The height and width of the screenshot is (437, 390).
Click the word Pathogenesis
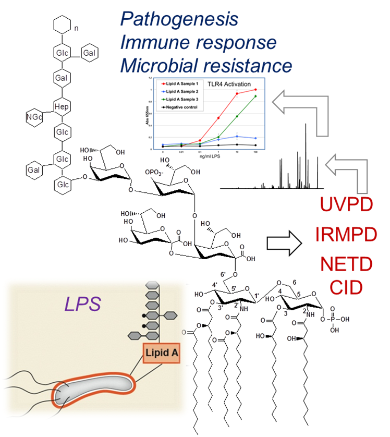179,19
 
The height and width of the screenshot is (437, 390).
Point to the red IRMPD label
346,235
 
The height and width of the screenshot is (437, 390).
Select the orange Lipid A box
162,354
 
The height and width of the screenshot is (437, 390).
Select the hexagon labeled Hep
62,107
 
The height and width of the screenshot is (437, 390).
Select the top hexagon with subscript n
62,26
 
